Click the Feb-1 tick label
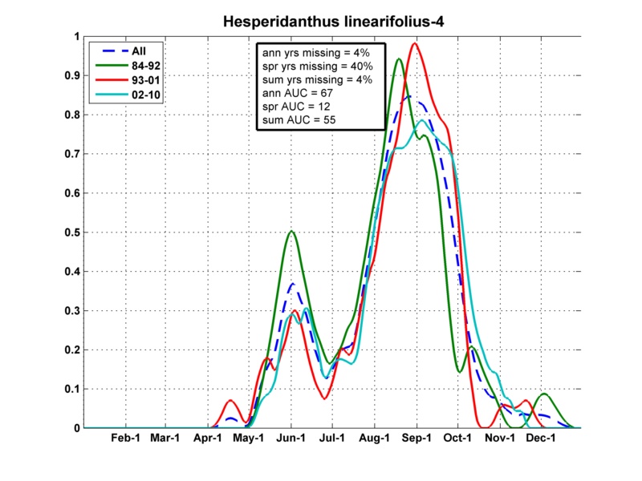click(x=124, y=439)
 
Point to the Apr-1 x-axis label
click(x=208, y=439)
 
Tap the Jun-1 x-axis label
click(x=291, y=439)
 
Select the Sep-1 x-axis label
click(x=416, y=439)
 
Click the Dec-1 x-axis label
click(x=542, y=439)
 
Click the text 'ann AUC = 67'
click(x=296, y=93)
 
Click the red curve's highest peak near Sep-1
click(x=414, y=43)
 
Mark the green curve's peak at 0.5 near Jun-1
click(x=291, y=232)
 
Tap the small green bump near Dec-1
click(x=545, y=394)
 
